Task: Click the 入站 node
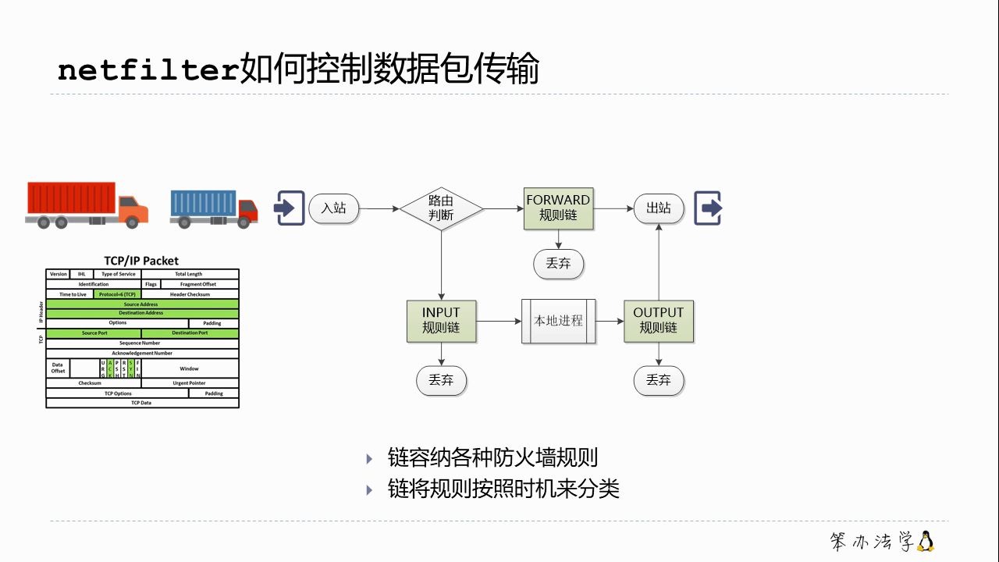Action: (x=334, y=208)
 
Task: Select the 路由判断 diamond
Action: (x=441, y=208)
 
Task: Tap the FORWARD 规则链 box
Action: (x=558, y=208)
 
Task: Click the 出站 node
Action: (x=659, y=208)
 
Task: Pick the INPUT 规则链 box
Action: (x=441, y=321)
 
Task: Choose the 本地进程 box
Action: (x=558, y=321)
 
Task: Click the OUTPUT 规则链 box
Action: (x=659, y=321)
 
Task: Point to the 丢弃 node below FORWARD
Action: (x=558, y=264)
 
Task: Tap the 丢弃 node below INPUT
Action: (x=441, y=380)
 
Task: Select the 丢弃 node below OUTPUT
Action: (x=659, y=380)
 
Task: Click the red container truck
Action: (x=86, y=205)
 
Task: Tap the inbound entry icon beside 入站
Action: (x=289, y=208)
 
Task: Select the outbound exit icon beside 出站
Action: (x=709, y=208)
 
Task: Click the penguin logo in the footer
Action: (x=926, y=541)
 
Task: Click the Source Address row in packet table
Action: (x=141, y=304)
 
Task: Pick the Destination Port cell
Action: (x=190, y=333)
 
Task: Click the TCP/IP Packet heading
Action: (x=141, y=261)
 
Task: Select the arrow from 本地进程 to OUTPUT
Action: (x=610, y=321)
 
